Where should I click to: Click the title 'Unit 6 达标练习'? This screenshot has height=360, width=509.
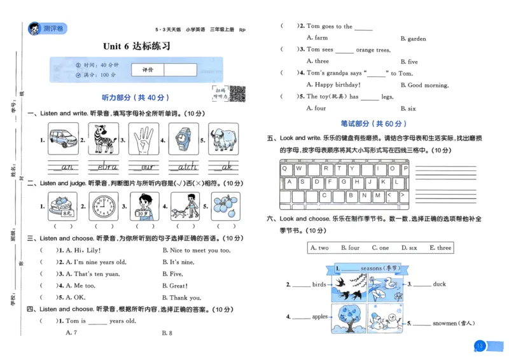137,46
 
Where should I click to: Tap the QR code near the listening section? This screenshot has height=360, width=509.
237,93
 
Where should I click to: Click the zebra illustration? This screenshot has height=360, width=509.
104,139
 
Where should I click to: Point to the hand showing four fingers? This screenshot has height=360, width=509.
144,139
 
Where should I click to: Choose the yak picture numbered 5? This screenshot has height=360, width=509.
223,139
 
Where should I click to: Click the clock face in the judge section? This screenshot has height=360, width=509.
103,205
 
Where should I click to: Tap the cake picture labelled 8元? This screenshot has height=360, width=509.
63,205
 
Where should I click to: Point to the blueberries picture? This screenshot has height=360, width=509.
223,205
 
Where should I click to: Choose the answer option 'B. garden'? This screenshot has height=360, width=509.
413,39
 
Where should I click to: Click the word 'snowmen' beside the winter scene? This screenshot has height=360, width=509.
445,323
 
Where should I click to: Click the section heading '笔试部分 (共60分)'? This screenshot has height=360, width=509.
374,123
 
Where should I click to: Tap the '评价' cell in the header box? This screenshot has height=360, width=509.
147,69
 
